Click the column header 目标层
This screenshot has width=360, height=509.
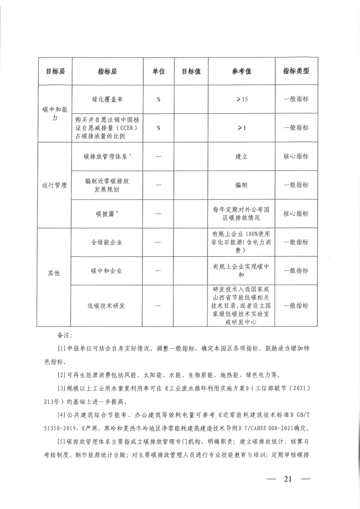(55, 71)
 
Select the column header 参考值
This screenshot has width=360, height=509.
(241, 71)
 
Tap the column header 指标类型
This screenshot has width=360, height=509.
(296, 71)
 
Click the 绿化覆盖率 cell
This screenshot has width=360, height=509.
(107, 99)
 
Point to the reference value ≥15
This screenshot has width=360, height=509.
(241, 99)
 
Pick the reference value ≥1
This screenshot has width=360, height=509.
(241, 128)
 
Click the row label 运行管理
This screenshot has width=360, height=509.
(55, 185)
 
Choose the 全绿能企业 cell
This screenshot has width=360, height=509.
(107, 242)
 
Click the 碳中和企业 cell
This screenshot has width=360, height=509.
(107, 271)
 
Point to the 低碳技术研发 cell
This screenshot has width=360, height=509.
(107, 306)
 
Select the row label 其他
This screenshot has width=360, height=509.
(55, 274)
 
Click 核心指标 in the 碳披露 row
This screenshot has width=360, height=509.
(296, 214)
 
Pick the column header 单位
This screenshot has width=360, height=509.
(159, 71)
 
